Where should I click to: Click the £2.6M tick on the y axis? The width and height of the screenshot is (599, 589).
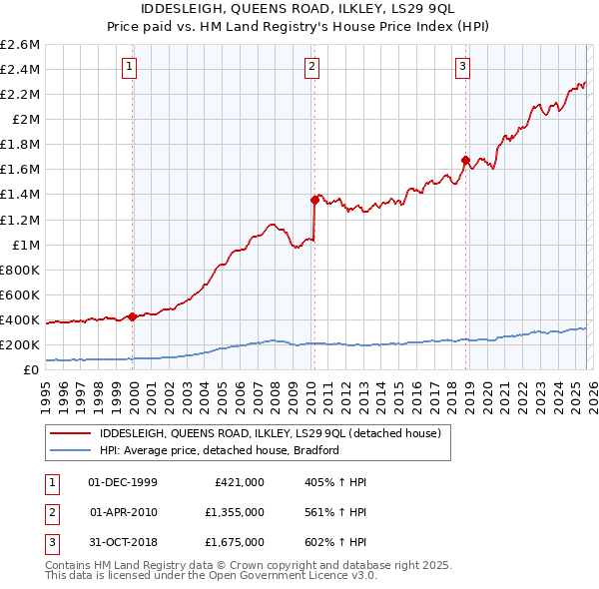20,45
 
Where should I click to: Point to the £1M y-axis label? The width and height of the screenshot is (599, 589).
24,245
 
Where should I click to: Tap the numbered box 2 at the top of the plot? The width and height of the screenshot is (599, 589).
311,67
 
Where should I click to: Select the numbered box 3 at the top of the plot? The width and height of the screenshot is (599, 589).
463,67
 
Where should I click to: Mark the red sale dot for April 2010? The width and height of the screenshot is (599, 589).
314,200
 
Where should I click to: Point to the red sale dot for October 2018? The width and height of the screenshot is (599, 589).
465,160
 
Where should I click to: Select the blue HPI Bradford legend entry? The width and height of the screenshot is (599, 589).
220,450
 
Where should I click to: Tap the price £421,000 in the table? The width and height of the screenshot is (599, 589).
240,482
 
